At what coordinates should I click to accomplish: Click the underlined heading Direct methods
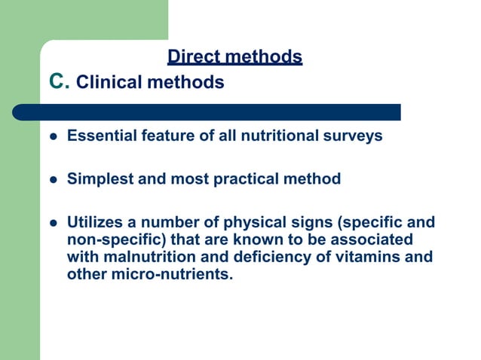pos(234,56)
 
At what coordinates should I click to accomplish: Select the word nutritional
pos(286,136)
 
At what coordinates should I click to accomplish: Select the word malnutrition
pos(146,257)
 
